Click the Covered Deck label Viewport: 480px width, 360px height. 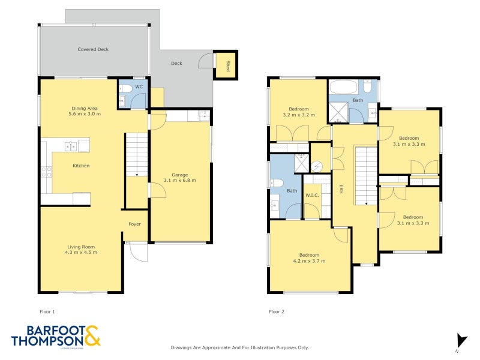(x=93, y=50)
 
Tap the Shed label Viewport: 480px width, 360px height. (x=228, y=65)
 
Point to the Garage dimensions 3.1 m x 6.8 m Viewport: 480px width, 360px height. (x=180, y=180)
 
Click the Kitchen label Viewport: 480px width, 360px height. (x=81, y=166)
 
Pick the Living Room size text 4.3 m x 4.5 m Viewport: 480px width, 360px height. (x=80, y=252)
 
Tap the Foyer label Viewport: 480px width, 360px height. (x=134, y=224)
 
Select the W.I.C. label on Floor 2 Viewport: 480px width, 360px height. (x=312, y=194)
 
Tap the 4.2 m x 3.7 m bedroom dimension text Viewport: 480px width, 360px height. (x=309, y=261)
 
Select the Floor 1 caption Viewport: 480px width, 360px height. (x=46, y=312)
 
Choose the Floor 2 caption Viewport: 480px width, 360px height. (x=277, y=312)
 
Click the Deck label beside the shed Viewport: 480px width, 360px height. (x=176, y=64)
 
